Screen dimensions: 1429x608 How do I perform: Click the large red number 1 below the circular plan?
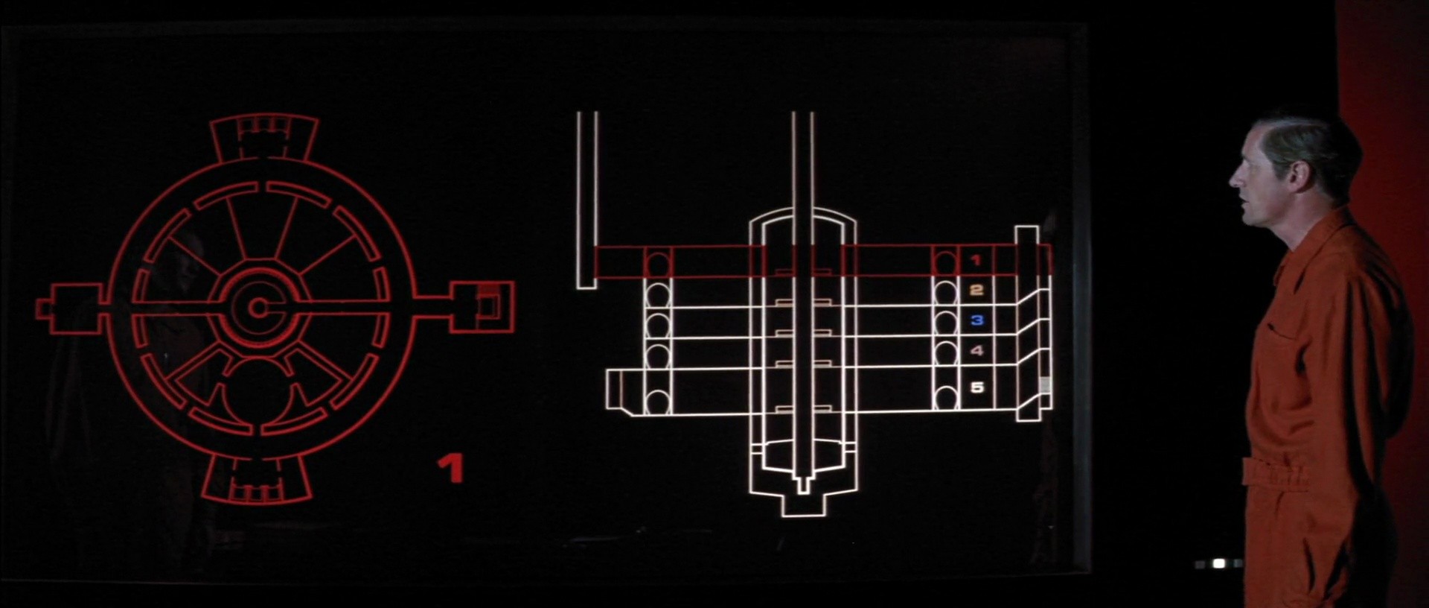[x=451, y=469]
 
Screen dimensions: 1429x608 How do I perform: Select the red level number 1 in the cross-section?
[x=976, y=261]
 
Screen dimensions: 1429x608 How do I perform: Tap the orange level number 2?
[x=976, y=291]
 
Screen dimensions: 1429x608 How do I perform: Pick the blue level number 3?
[x=976, y=320]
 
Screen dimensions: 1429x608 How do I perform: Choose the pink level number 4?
[x=976, y=350]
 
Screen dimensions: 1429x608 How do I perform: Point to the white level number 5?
[x=976, y=387]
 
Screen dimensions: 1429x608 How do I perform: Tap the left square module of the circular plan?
[x=70, y=308]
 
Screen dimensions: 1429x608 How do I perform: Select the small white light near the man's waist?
[x=1218, y=564]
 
